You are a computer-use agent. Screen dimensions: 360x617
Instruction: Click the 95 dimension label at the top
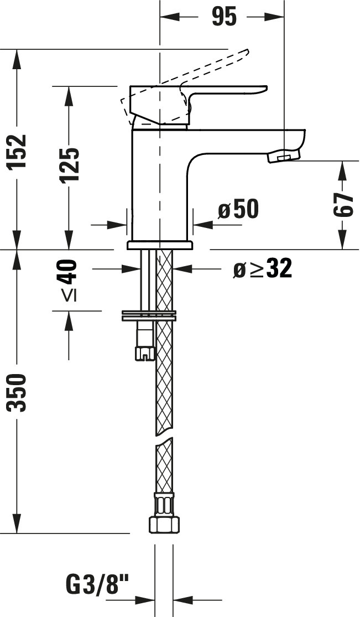click(x=225, y=17)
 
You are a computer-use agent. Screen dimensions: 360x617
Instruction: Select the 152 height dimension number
click(x=18, y=151)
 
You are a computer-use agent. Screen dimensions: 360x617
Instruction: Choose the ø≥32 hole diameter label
click(x=263, y=269)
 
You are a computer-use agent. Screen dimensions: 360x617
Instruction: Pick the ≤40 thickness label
click(x=69, y=280)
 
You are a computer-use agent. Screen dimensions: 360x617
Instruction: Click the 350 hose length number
click(x=18, y=393)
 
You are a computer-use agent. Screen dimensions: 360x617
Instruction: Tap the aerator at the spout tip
click(x=283, y=156)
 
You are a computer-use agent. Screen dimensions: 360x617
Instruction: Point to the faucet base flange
click(x=160, y=246)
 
